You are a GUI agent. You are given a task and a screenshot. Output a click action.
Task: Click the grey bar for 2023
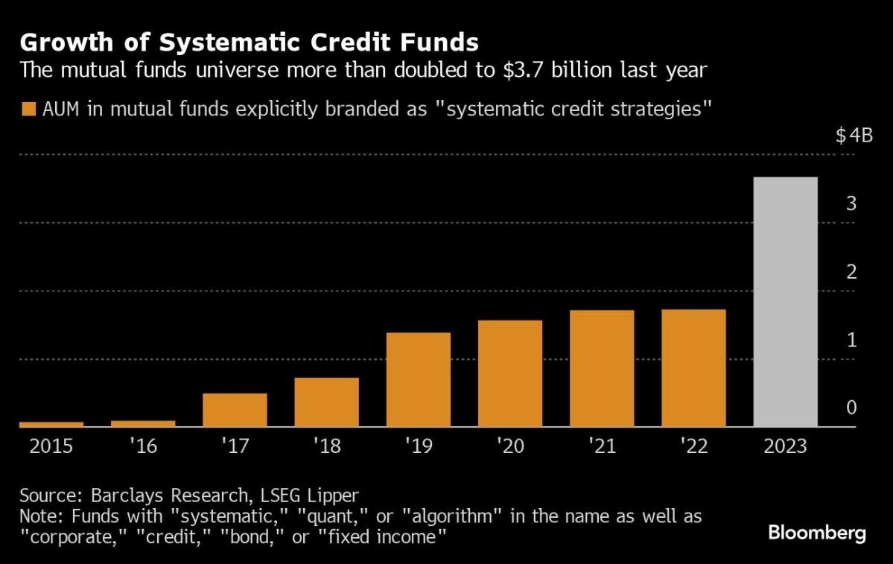786,302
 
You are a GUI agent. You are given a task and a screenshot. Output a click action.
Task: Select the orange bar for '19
419,379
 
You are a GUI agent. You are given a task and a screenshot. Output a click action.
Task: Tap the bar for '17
235,410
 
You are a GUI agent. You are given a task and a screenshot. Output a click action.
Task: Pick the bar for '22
694,368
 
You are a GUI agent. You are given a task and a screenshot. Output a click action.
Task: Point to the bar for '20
510,373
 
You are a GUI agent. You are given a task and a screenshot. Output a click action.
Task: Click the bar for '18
327,402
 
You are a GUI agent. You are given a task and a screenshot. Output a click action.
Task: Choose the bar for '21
602,368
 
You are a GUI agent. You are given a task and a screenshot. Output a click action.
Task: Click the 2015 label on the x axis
51,446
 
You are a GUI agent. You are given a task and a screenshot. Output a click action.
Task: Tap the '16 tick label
143,446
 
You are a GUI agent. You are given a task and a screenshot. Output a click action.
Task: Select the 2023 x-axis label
786,446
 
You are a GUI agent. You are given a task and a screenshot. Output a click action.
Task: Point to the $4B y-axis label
853,136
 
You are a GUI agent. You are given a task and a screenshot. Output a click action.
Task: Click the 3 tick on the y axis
851,203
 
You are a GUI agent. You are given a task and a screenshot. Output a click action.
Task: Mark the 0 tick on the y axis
851,408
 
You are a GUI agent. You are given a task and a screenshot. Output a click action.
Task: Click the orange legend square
29,110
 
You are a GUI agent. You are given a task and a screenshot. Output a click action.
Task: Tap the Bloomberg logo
817,533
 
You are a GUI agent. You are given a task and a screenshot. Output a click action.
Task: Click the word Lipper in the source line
328,495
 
